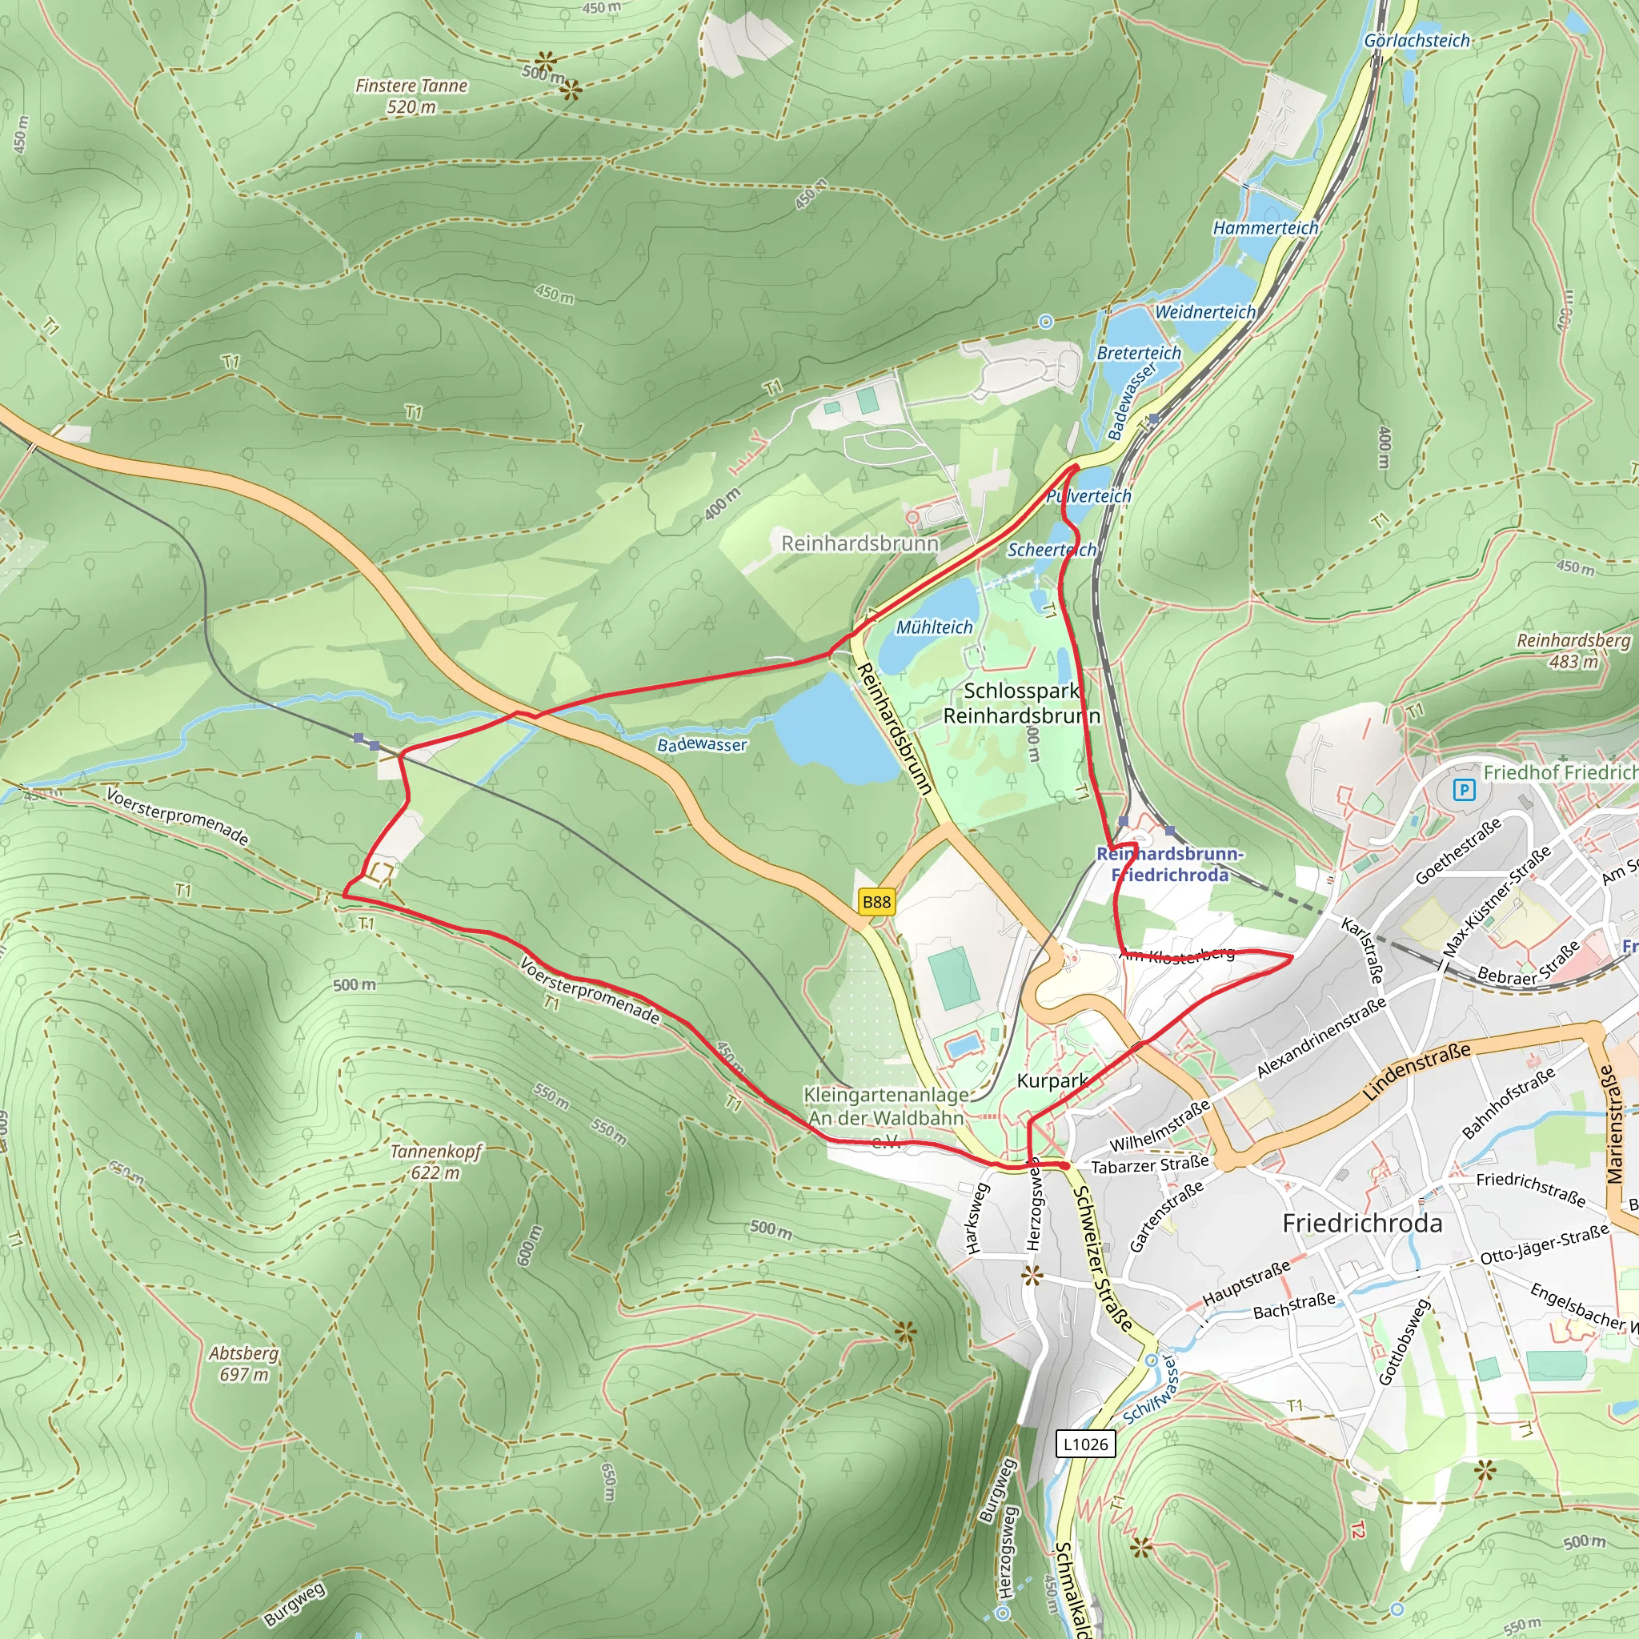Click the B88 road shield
876,902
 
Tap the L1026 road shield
1085,1443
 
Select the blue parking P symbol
1464,791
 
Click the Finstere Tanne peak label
411,96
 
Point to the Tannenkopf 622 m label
435,1161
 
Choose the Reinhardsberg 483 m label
1573,651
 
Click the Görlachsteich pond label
1417,41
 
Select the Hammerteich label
1265,227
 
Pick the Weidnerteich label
1204,312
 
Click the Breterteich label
1139,353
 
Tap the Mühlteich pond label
934,627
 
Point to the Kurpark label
1052,1080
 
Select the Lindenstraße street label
1416,1072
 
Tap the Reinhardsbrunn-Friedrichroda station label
1170,864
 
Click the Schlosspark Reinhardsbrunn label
1021,703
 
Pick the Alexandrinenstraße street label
1320,1037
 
